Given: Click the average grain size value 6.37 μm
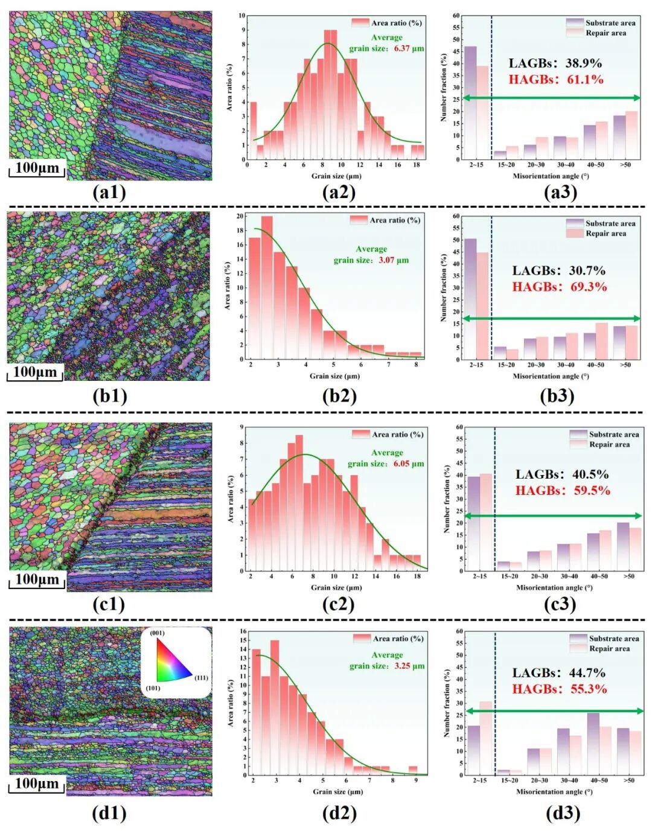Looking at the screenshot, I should [409, 48].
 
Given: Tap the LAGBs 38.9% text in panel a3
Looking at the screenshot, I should [555, 63].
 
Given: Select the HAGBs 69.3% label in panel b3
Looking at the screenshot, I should [559, 287].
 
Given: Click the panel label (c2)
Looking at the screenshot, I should [338, 604].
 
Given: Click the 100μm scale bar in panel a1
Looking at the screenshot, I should [37, 168].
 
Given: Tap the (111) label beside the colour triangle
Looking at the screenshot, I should [201, 678].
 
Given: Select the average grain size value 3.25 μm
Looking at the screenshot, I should [409, 666].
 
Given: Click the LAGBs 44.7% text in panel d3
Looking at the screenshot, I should [558, 673].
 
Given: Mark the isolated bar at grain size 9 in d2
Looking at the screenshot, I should [413, 770].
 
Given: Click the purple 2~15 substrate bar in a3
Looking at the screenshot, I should [470, 103].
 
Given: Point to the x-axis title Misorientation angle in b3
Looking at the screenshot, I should [551, 376].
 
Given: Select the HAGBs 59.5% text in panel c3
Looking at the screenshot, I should [562, 491].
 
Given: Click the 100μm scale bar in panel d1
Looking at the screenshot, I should [37, 784].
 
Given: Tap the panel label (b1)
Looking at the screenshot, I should [109, 396].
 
